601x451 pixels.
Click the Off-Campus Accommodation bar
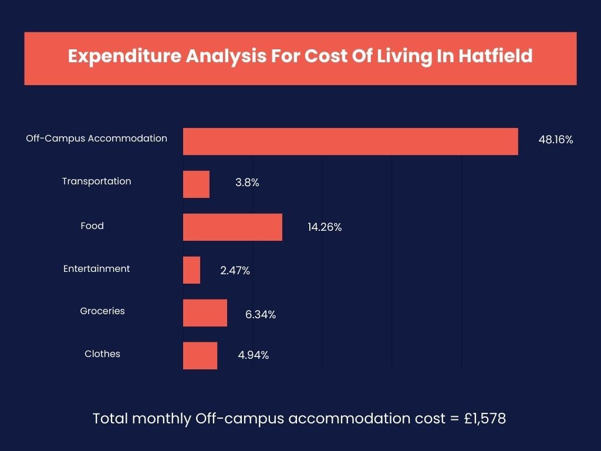click(350, 142)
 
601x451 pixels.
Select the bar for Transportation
click(196, 184)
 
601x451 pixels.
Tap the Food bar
click(232, 227)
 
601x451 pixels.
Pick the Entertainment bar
click(191, 270)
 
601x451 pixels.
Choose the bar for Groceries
click(205, 313)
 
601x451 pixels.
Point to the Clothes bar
click(200, 356)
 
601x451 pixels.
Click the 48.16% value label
click(555, 140)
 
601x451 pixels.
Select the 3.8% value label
click(247, 183)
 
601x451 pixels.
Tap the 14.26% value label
click(325, 227)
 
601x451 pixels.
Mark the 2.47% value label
click(235, 271)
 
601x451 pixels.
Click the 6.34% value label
click(261, 315)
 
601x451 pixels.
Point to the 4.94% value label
click(254, 355)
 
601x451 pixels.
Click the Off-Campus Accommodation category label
click(97, 139)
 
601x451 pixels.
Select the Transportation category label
click(97, 181)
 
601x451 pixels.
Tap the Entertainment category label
click(97, 269)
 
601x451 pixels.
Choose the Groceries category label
click(103, 311)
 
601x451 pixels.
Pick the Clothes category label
click(103, 354)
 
